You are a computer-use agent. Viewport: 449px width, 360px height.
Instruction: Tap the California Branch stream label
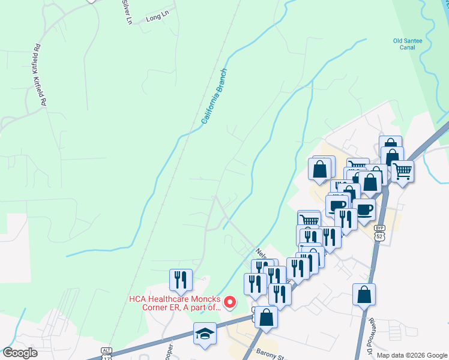coord(214,97)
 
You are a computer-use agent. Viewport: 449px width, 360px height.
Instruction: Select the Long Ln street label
coord(154,19)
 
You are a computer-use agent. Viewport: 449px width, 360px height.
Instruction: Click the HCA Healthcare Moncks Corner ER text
coord(173,303)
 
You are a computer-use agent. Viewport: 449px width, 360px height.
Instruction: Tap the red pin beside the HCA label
coord(229,302)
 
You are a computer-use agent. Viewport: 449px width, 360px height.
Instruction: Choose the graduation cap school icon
coord(205,334)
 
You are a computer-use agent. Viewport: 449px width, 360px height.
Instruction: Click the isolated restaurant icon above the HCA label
coord(180,280)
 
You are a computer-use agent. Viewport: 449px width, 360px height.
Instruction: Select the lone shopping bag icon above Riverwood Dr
coord(364,295)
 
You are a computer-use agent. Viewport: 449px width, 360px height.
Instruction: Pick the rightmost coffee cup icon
coord(364,211)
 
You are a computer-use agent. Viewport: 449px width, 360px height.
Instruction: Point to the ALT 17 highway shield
coord(107,353)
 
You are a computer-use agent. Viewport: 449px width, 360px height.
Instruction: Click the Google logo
coord(20,353)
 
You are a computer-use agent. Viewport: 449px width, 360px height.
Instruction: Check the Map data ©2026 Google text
coord(412,355)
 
